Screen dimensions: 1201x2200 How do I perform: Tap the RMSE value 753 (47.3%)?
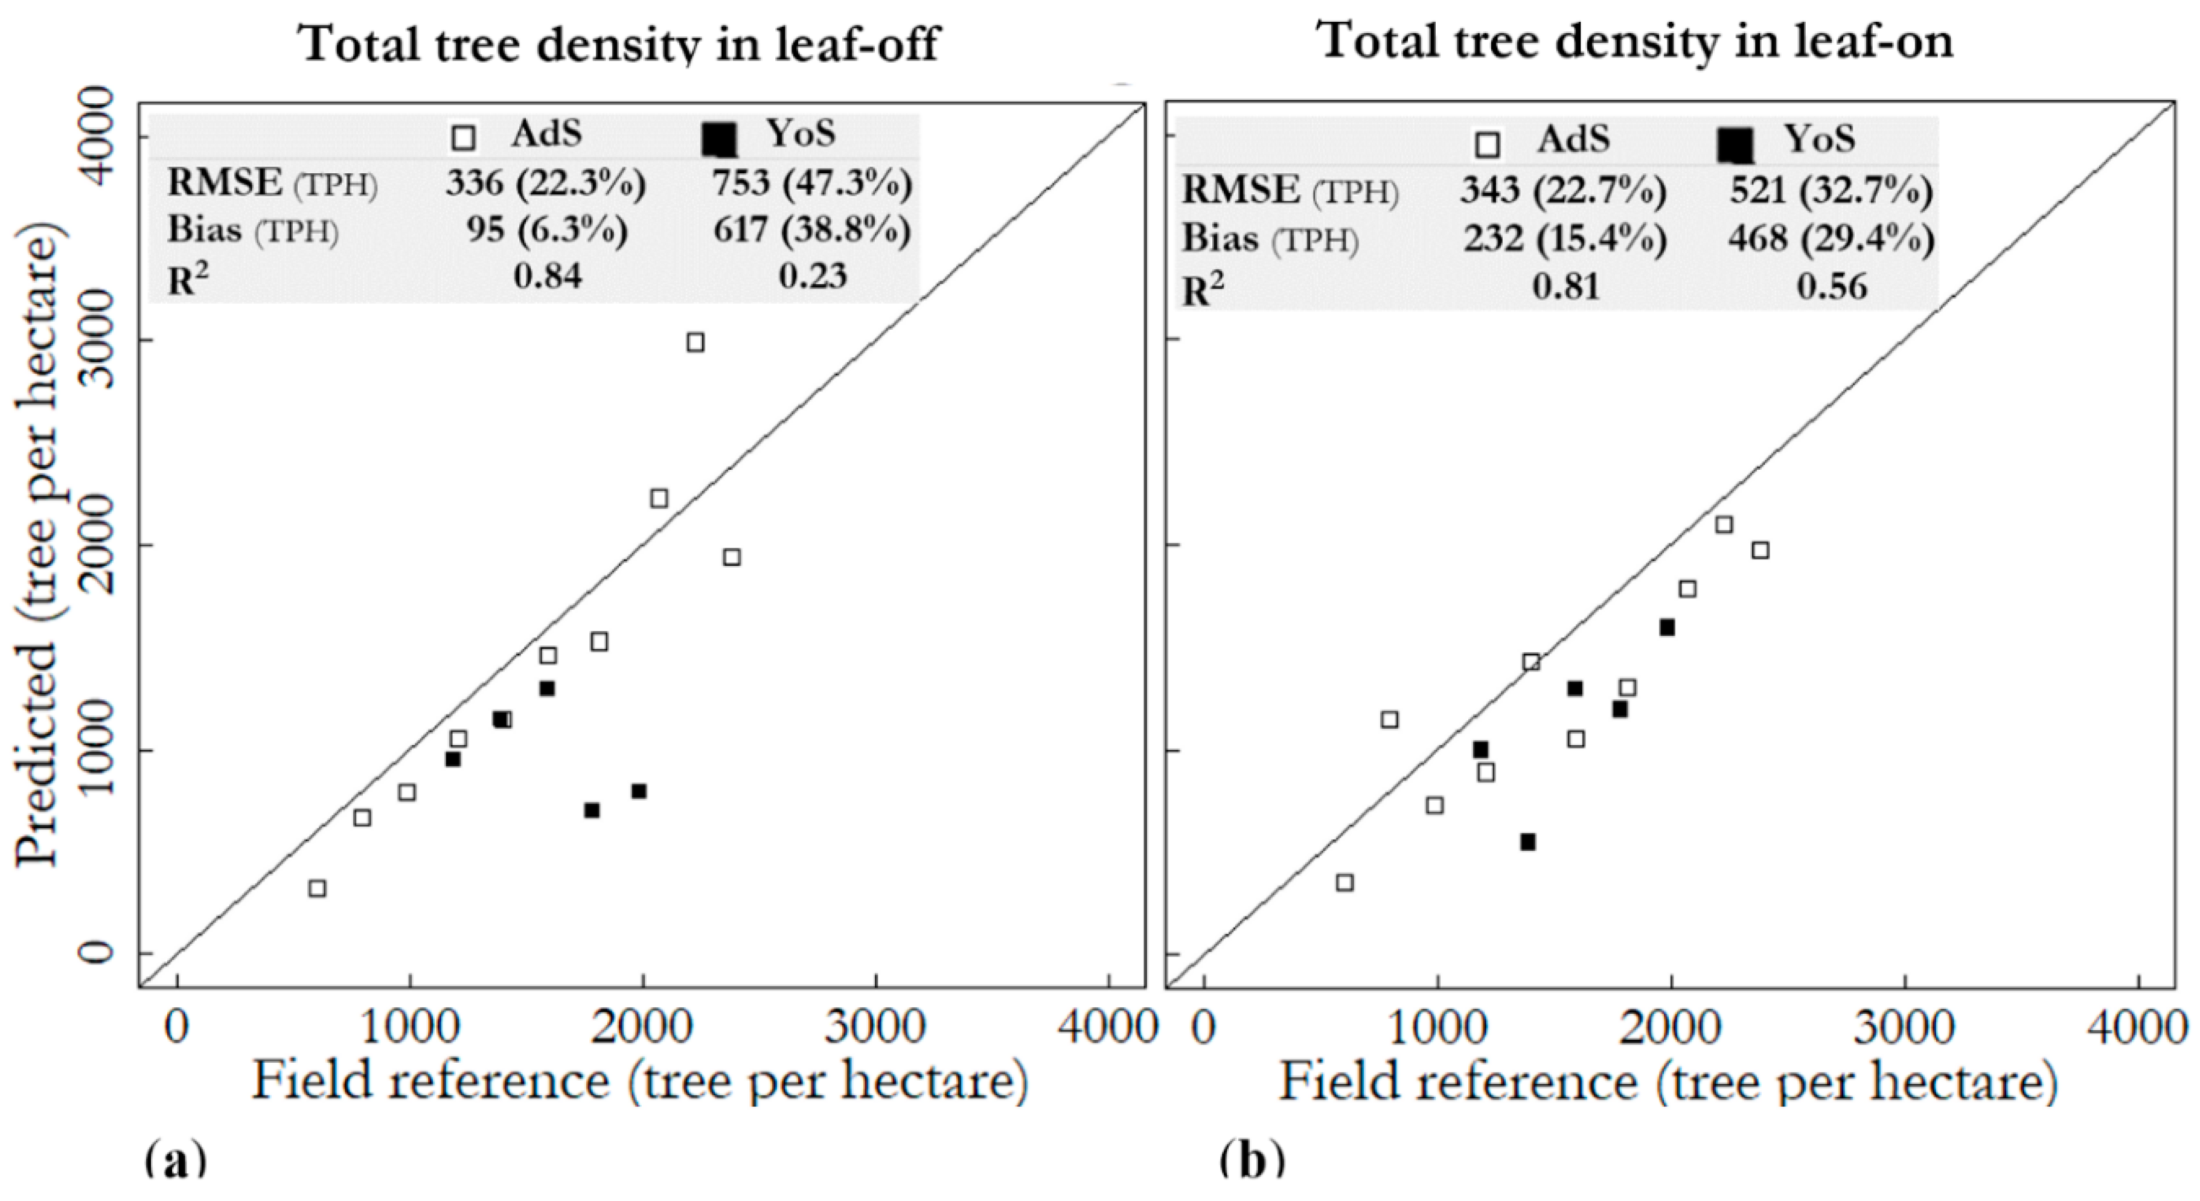pos(812,184)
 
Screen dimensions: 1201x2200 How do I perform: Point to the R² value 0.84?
pos(548,276)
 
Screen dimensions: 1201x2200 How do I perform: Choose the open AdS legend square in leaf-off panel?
pos(464,138)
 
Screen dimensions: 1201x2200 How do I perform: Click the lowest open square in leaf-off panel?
pos(317,888)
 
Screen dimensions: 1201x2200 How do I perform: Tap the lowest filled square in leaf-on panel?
pos(1528,842)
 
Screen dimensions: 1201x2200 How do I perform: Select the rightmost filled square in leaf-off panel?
pos(638,791)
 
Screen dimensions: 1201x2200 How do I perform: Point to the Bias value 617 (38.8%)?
pos(812,230)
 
